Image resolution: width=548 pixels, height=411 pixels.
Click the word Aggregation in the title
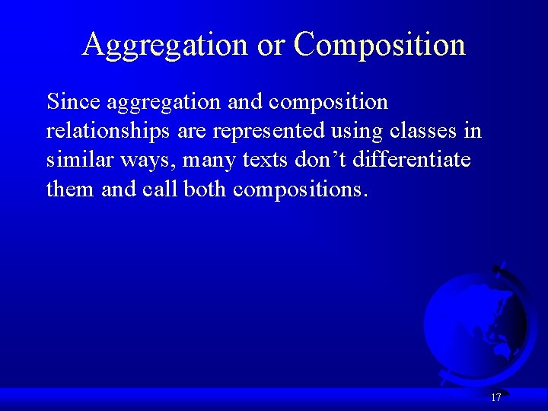[x=165, y=45]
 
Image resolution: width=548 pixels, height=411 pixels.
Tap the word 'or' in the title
[x=270, y=45]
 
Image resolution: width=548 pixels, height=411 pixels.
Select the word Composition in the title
[x=379, y=45]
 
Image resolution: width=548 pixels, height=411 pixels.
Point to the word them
[x=71, y=189]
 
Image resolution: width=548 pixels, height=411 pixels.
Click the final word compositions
[x=301, y=189]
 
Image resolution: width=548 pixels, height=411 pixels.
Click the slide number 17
[x=496, y=397]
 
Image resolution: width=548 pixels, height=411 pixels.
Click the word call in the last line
[x=160, y=189]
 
